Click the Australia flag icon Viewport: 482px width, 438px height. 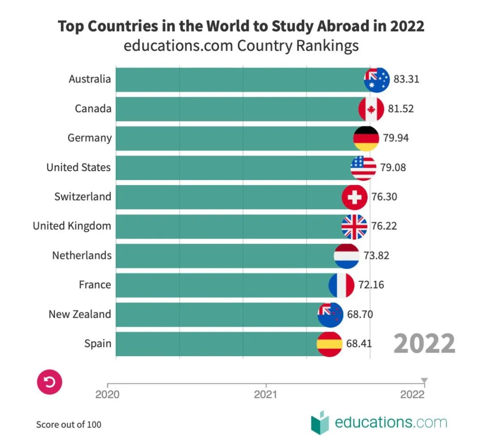[x=377, y=80]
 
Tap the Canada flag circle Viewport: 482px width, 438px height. [x=371, y=109]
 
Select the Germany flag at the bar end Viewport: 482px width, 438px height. [x=366, y=138]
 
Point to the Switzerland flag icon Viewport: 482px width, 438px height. [x=354, y=197]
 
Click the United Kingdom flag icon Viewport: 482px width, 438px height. [x=354, y=227]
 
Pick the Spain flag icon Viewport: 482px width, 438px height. [x=329, y=344]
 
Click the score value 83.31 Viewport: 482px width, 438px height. [x=406, y=80]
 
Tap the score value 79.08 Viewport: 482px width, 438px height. [x=393, y=168]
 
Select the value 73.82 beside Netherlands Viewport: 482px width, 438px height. [x=376, y=256]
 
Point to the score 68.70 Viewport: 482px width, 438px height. [x=360, y=314]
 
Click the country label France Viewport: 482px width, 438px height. [x=95, y=285]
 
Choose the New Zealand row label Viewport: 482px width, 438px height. [x=80, y=314]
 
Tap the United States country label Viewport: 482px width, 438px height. [x=78, y=168]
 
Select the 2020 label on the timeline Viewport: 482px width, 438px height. [x=107, y=395]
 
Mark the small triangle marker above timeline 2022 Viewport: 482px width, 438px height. [x=424, y=381]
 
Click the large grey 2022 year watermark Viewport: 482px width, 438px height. [x=424, y=344]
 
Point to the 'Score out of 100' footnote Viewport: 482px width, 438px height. [x=69, y=424]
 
